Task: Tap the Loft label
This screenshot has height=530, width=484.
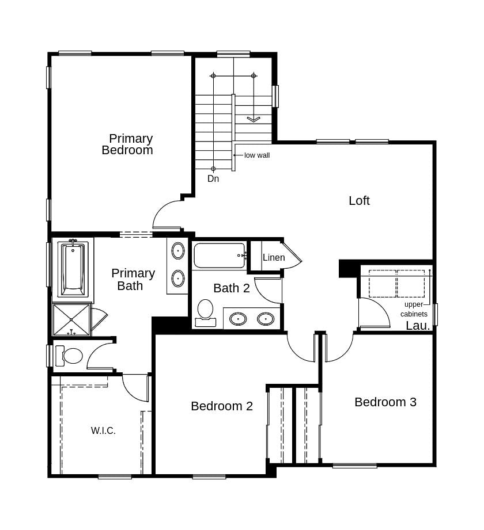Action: click(359, 201)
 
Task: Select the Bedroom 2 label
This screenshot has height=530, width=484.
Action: click(222, 406)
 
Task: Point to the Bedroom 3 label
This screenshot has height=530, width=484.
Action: click(385, 402)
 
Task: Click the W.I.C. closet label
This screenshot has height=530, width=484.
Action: click(103, 430)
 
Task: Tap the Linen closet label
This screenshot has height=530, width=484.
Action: click(274, 258)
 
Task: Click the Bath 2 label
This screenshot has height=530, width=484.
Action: click(232, 288)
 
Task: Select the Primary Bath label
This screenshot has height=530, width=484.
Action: click(133, 279)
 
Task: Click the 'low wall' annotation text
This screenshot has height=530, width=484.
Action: click(257, 155)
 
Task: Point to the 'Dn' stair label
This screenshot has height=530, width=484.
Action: click(213, 179)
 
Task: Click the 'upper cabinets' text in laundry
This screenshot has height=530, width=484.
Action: click(414, 309)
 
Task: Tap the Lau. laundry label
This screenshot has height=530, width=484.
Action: click(418, 326)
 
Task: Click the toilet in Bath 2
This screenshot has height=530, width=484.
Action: click(205, 311)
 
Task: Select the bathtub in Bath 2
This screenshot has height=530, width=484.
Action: click(220, 256)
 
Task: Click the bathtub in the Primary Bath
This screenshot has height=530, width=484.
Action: click(73, 268)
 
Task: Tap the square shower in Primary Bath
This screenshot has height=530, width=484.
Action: click(72, 319)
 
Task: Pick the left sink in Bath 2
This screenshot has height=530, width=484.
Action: click(238, 318)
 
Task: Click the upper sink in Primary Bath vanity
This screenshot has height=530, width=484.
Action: click(178, 251)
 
